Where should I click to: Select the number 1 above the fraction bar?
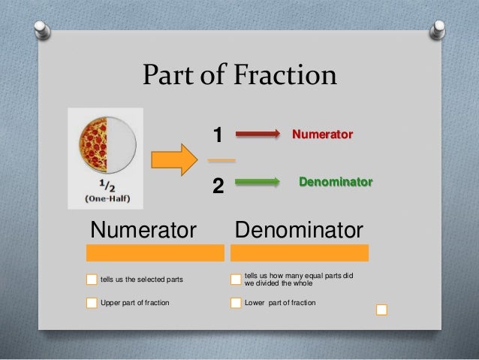pyautogui.click(x=218, y=135)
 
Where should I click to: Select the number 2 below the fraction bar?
pyautogui.click(x=218, y=185)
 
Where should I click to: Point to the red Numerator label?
pyautogui.click(x=322, y=135)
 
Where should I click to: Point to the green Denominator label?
pyautogui.click(x=336, y=182)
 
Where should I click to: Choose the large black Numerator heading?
pyautogui.click(x=143, y=228)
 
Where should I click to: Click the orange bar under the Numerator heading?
pyautogui.click(x=155, y=252)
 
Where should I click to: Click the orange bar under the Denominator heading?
pyautogui.click(x=299, y=252)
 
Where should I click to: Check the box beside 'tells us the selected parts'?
pyautogui.click(x=92, y=280)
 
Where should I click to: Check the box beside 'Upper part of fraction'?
pyautogui.click(x=92, y=303)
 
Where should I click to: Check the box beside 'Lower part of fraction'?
pyautogui.click(x=236, y=303)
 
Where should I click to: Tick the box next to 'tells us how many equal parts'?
pyautogui.click(x=236, y=280)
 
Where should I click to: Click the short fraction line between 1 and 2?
pyautogui.click(x=221, y=160)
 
